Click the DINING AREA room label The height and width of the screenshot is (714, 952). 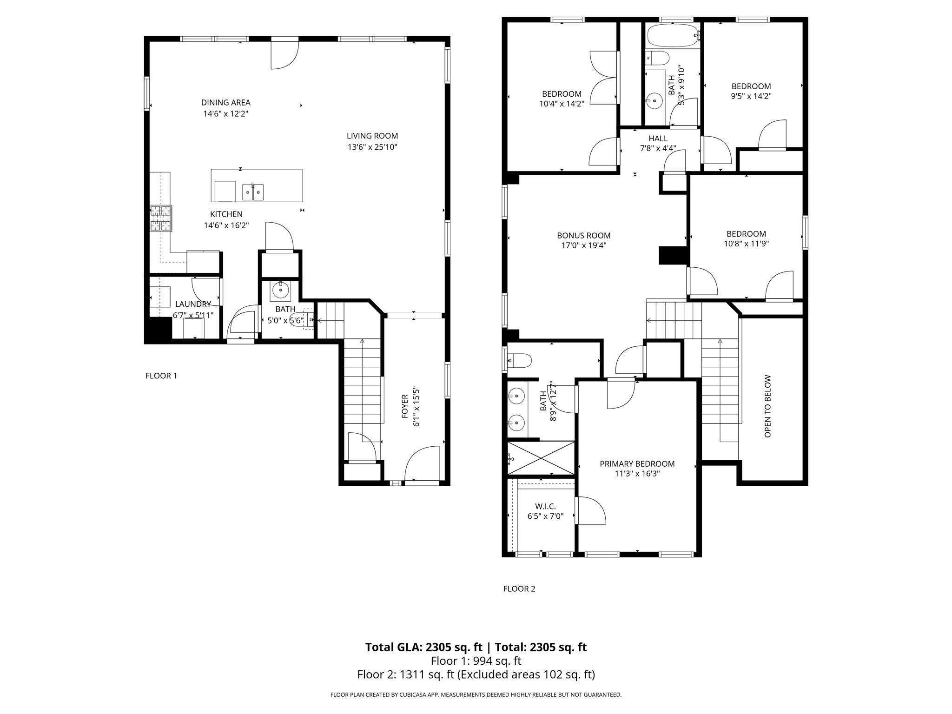[x=225, y=103]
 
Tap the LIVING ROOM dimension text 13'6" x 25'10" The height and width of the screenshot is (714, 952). [x=372, y=147]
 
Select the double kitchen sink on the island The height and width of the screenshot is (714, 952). [x=253, y=192]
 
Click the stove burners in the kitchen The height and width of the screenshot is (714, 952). [x=161, y=218]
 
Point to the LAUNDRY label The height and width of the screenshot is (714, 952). [x=193, y=304]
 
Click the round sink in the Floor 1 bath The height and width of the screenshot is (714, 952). [x=280, y=290]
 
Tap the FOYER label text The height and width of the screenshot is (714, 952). [x=404, y=406]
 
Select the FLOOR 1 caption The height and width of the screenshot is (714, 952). [x=161, y=376]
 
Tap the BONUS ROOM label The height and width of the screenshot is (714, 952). [x=583, y=235]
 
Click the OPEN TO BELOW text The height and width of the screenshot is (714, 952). [x=767, y=406]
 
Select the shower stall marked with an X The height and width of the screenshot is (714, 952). [x=541, y=458]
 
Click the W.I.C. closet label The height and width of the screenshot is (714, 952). [x=545, y=507]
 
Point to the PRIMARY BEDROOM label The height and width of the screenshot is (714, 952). [x=637, y=463]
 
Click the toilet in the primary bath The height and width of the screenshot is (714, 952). [x=520, y=360]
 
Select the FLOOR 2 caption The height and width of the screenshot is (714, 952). [x=519, y=588]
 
